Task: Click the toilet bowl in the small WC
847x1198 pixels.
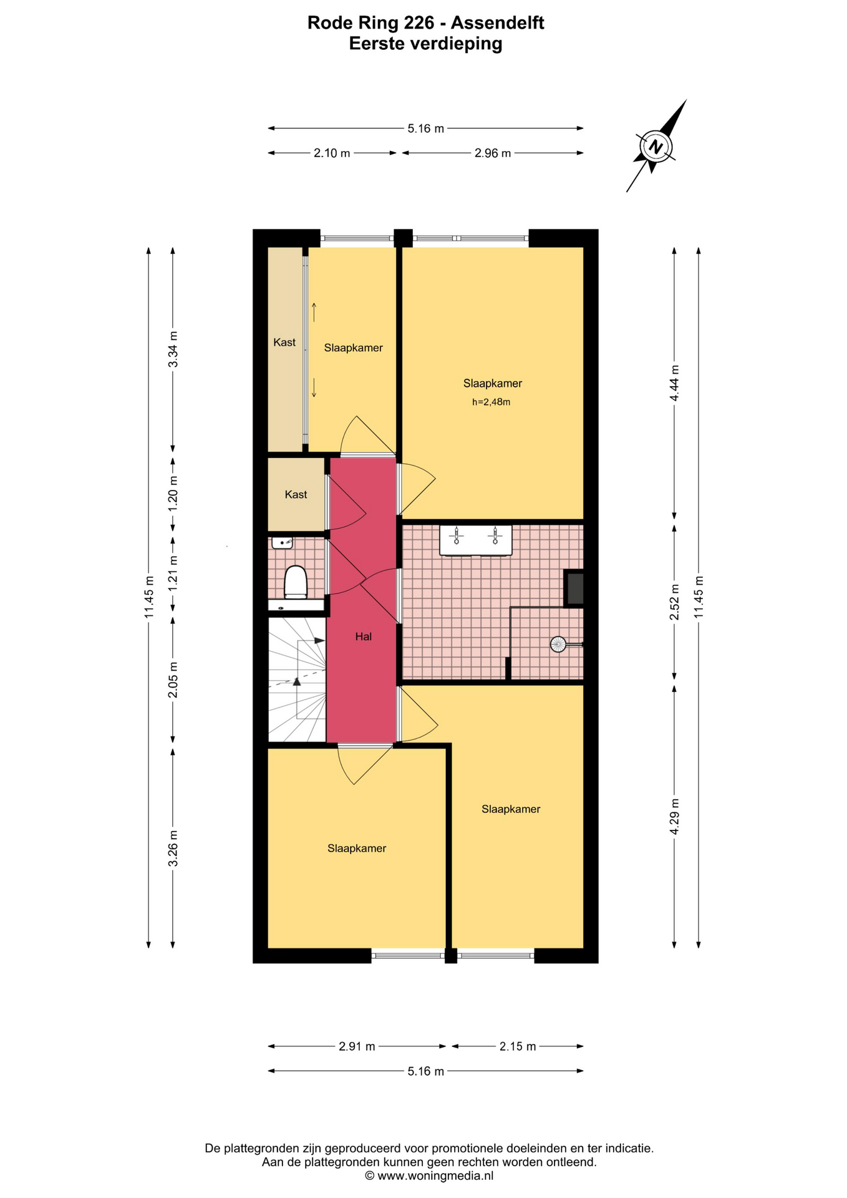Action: [296, 582]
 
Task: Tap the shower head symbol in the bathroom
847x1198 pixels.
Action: [558, 644]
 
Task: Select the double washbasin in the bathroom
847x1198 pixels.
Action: [476, 540]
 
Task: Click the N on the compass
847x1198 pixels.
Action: [655, 147]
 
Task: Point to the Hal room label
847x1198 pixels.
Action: [364, 636]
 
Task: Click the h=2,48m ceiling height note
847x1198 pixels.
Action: [491, 402]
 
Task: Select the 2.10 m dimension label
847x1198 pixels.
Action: [332, 153]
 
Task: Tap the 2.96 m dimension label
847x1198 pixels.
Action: [493, 153]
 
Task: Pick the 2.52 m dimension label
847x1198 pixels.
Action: [674, 602]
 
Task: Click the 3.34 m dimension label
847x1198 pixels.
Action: [173, 349]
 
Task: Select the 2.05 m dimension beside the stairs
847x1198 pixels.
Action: [173, 679]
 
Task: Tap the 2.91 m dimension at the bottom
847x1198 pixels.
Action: [357, 1046]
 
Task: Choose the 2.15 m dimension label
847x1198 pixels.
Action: [518, 1046]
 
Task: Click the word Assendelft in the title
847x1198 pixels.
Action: [497, 23]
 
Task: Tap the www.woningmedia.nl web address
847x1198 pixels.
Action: [435, 1176]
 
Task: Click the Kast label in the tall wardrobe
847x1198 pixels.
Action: [284, 342]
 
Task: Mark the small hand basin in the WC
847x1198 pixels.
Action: [283, 543]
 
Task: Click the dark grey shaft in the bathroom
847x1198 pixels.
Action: [574, 588]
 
